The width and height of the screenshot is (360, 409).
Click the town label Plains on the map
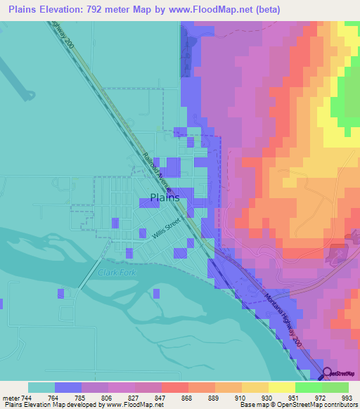click(x=165, y=197)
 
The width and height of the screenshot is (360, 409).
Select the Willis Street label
click(x=167, y=228)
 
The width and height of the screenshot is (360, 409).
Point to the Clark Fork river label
click(x=115, y=273)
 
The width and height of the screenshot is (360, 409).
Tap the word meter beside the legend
click(x=11, y=398)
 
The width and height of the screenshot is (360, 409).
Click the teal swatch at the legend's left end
click(x=41, y=387)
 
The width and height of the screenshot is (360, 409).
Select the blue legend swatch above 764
click(x=68, y=387)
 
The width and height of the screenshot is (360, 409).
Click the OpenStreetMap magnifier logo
click(x=327, y=374)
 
